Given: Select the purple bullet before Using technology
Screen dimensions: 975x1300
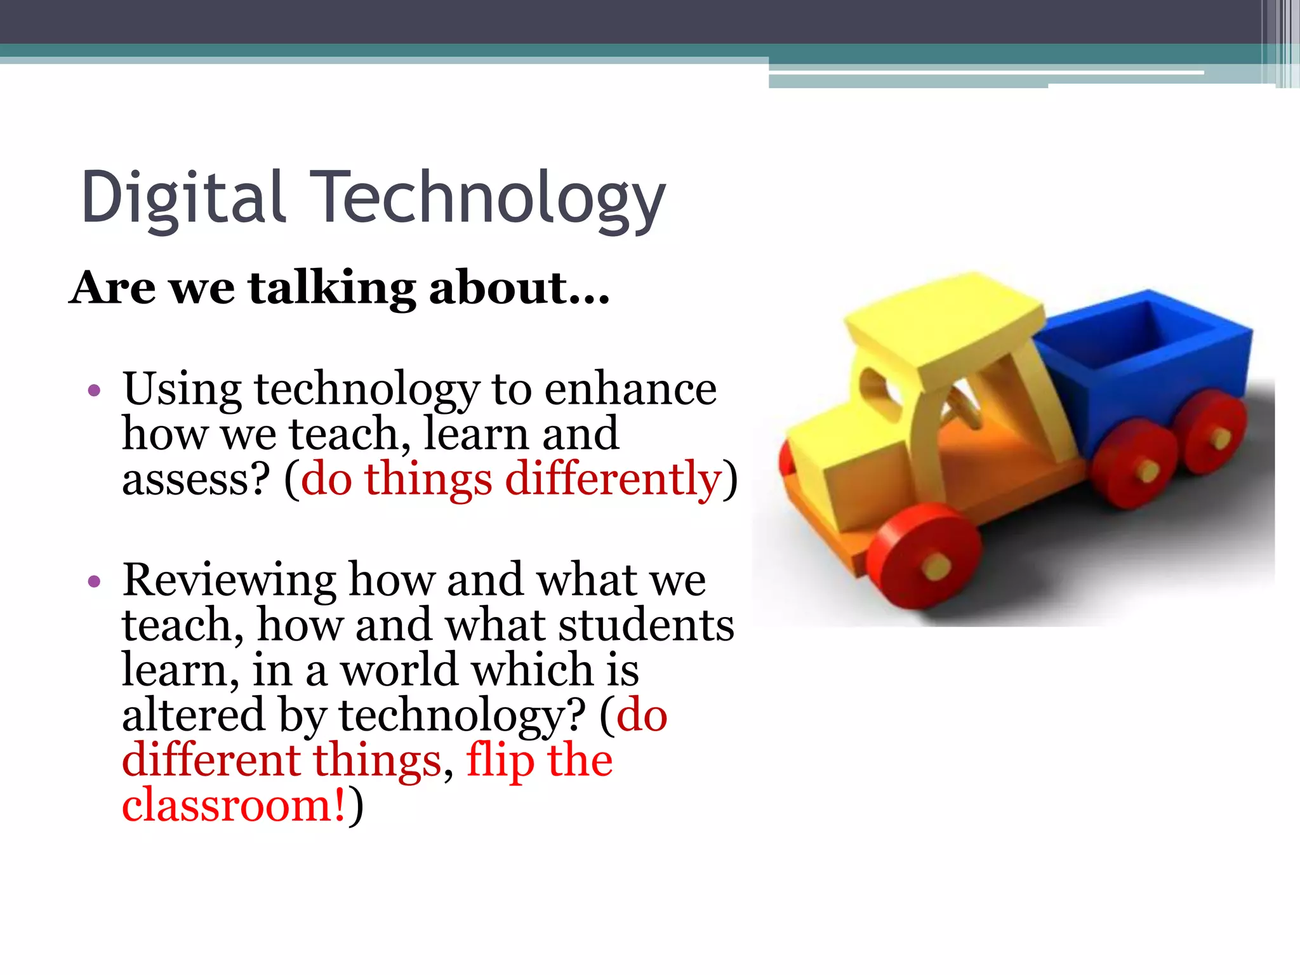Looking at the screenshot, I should tap(95, 390).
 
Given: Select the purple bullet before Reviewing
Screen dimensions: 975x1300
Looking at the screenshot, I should tap(95, 581).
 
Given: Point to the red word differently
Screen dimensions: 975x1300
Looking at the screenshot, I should tap(613, 479).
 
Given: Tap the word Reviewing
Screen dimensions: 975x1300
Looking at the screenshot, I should tap(229, 580).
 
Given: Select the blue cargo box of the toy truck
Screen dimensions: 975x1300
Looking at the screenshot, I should tap(1143, 375).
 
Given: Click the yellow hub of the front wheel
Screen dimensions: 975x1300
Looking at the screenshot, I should tap(936, 565).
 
